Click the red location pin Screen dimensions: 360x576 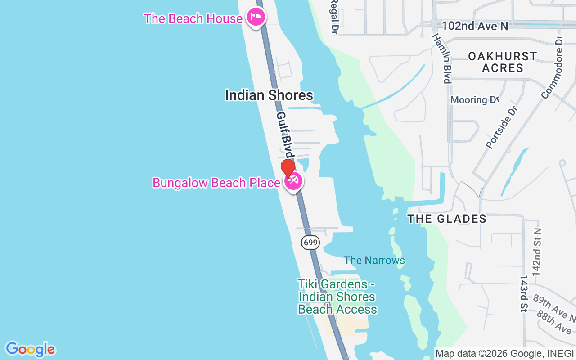point(288,169)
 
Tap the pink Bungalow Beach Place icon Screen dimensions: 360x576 point(294,182)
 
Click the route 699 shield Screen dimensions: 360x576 point(310,243)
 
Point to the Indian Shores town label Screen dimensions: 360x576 point(269,95)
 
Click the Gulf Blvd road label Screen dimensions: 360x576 point(285,135)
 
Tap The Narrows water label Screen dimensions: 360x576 point(374,260)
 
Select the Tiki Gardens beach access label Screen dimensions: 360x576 point(337,297)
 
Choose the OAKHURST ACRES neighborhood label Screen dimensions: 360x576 point(503,62)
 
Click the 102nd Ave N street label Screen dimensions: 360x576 point(475,26)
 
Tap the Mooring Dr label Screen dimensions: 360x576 point(475,100)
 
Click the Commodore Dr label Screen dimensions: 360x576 point(553,67)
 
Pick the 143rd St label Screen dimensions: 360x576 point(523,293)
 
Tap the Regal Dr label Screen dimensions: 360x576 point(334,17)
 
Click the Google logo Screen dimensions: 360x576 point(30,349)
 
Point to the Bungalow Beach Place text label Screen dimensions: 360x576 point(216,183)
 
